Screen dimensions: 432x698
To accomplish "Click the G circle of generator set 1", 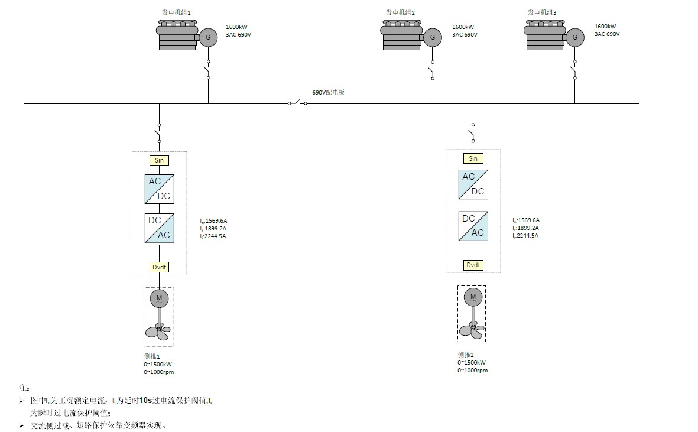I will [x=207, y=38].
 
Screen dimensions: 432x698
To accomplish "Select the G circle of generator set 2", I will [x=432, y=38].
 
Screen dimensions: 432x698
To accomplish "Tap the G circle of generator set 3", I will [x=574, y=38].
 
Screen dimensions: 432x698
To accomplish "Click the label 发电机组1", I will [x=177, y=12].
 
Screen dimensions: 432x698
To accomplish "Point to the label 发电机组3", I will [x=542, y=12].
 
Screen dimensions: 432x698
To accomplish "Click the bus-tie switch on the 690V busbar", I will [x=297, y=103].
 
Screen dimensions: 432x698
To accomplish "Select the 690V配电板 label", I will [x=328, y=93].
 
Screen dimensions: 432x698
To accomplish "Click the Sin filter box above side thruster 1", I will [x=159, y=160].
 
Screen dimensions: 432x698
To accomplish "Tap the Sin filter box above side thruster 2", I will [x=473, y=158].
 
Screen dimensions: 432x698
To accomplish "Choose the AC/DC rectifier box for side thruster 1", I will [x=159, y=189].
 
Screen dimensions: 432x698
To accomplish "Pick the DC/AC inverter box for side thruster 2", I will [x=473, y=226].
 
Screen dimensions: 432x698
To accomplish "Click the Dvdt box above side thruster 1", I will [x=159, y=267].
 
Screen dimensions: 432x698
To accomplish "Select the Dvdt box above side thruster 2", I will [x=473, y=265].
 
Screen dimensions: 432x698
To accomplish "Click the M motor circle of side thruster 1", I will [x=159, y=298].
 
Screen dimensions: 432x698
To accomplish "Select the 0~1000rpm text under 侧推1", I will [x=158, y=372].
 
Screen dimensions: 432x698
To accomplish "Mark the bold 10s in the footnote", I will [x=145, y=401].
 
